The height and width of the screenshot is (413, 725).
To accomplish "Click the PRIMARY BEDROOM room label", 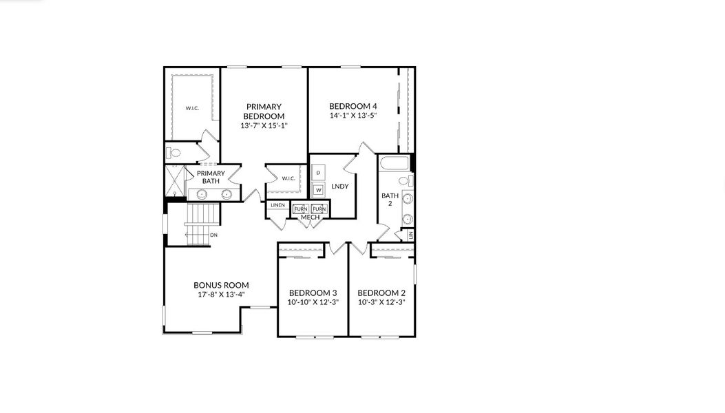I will click(263, 111).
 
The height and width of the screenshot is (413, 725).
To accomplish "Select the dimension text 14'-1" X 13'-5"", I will click(353, 116).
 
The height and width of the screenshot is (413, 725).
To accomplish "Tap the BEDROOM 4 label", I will click(353, 106).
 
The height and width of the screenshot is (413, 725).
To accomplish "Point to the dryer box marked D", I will click(318, 172).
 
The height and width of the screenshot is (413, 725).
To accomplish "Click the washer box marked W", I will click(318, 189).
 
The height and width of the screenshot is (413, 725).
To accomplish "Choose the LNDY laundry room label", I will click(339, 187).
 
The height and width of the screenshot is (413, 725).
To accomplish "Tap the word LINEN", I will click(277, 205).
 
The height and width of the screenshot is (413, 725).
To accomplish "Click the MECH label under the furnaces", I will click(310, 218).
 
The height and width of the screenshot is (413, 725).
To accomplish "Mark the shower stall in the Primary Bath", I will click(175, 182).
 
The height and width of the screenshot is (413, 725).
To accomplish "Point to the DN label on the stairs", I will click(213, 235).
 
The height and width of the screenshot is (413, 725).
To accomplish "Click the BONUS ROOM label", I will click(221, 285).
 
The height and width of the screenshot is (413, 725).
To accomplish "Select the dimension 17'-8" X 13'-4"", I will click(221, 295).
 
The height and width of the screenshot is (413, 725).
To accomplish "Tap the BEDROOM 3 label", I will click(313, 292).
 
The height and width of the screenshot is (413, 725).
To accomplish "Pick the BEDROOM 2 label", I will click(381, 292).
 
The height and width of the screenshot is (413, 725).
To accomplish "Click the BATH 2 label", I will click(390, 200).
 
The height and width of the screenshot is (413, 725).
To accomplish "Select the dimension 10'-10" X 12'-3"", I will click(313, 302).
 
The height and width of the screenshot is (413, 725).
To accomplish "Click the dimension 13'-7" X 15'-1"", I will click(263, 126).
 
